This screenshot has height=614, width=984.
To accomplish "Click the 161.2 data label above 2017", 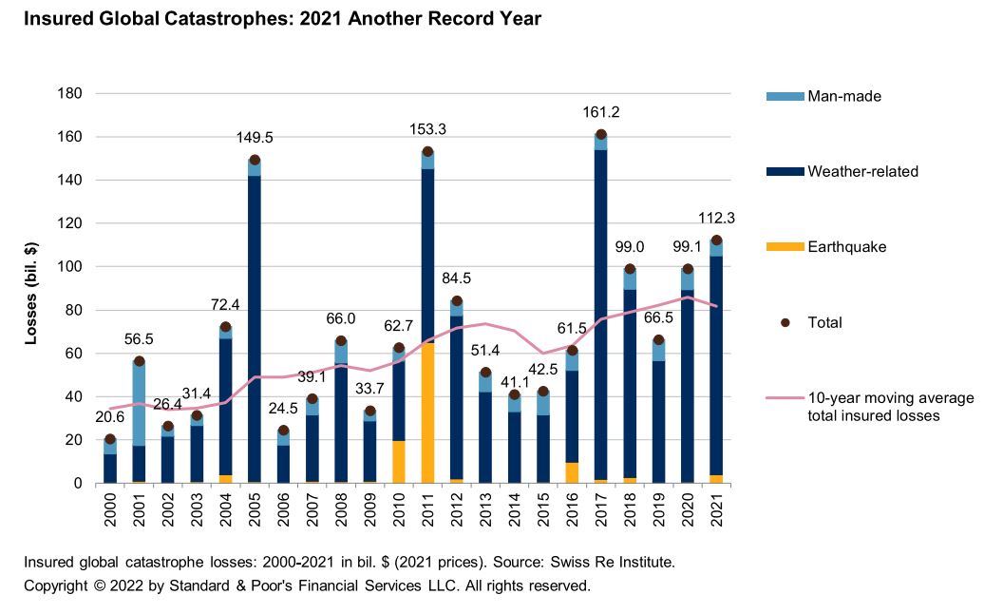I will tap(600, 114).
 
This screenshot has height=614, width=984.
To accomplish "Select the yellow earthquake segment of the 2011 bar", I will tap(427, 413).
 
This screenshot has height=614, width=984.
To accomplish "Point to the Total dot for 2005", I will tap(255, 160).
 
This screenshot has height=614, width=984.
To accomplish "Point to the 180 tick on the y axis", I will tap(71, 93).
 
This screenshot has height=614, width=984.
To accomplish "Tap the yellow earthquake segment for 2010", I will tap(399, 462).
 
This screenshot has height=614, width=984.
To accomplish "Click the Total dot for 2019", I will tap(658, 339).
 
